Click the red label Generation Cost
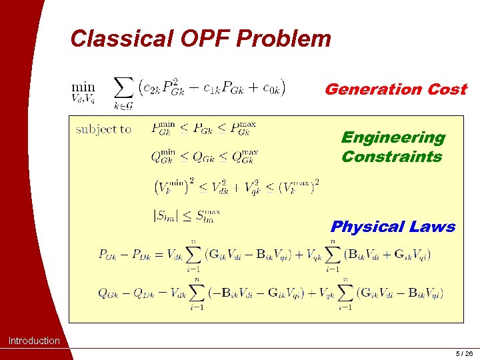395,89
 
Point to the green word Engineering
393,137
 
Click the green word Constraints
391,157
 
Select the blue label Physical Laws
393,227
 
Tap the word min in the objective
83,86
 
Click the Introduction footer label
33,341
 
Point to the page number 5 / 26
463,353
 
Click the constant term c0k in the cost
271,87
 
